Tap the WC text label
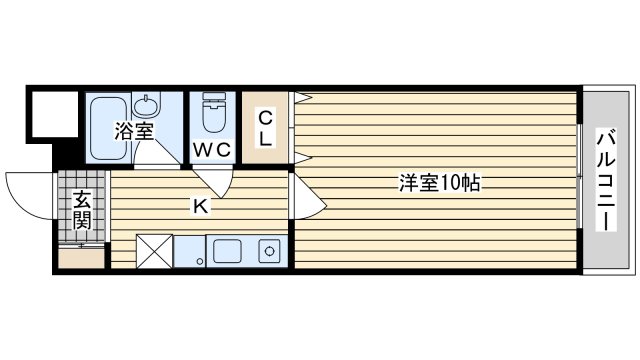[212, 149]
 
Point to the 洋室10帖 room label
[441, 183]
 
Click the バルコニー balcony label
[606, 181]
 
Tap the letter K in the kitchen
[200, 207]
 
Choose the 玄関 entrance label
[80, 209]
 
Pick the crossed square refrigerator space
[153, 251]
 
